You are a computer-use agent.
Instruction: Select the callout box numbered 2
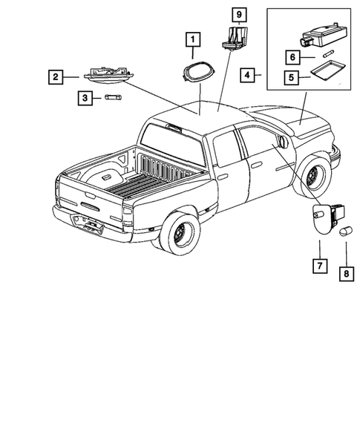[x=54, y=76]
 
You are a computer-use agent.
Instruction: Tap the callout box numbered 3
[x=85, y=97]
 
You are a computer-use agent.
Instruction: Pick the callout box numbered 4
[x=247, y=75]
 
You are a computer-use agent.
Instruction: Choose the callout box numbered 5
[x=291, y=76]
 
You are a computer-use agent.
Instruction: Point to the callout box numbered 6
[x=291, y=56]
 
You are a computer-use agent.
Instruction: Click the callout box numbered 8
[x=347, y=272]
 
